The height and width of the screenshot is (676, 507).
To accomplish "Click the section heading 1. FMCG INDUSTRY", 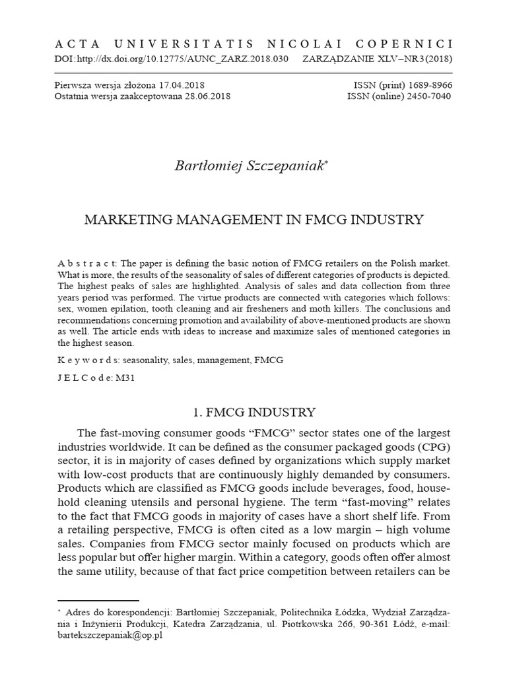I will [253, 413].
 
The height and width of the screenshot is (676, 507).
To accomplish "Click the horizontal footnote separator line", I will [98, 601].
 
